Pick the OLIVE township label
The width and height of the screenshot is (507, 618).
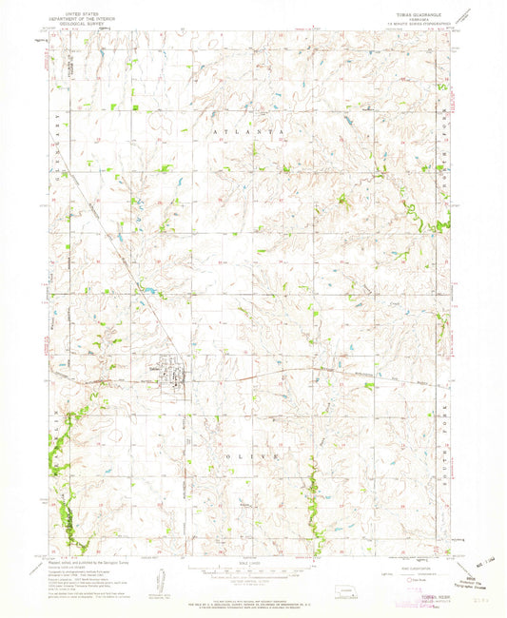pyautogui.click(x=257, y=457)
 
